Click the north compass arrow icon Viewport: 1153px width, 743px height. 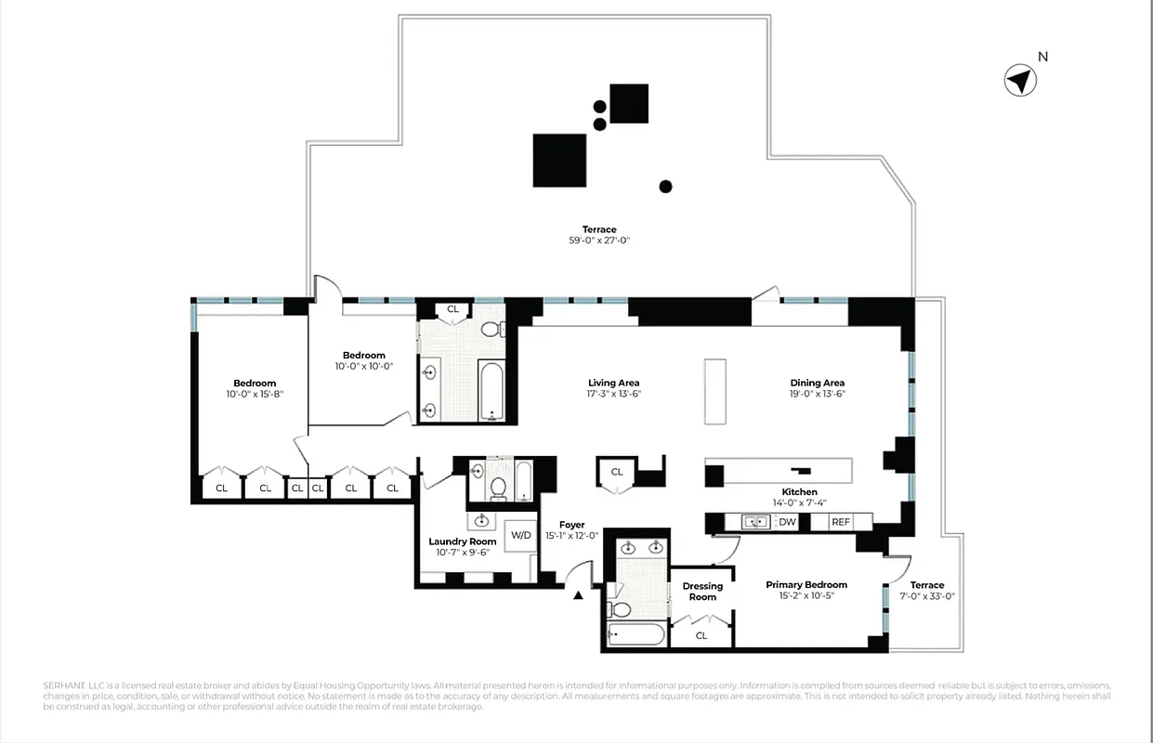coord(1020,81)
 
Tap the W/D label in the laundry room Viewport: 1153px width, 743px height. coord(521,535)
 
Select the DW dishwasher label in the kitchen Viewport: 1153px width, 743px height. coord(788,522)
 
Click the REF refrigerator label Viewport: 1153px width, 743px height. coord(841,522)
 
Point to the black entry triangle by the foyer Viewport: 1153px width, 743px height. coord(579,595)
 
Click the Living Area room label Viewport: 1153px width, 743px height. coord(613,383)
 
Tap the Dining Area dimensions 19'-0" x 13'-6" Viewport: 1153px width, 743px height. coord(818,394)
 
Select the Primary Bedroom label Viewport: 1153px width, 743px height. coord(806,584)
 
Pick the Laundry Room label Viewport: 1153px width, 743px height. coord(463,541)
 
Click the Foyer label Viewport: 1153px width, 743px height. coord(571,525)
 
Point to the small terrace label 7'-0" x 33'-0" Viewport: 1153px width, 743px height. coord(927,596)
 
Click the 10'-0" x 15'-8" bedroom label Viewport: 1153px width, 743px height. coord(255,394)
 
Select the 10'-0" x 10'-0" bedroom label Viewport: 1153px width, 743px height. coord(363,366)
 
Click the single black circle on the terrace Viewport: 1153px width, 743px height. coord(665,186)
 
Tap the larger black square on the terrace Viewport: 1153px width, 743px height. coord(559,161)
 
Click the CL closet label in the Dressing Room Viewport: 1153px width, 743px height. coord(701,636)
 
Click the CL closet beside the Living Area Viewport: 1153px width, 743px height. coord(617,473)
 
